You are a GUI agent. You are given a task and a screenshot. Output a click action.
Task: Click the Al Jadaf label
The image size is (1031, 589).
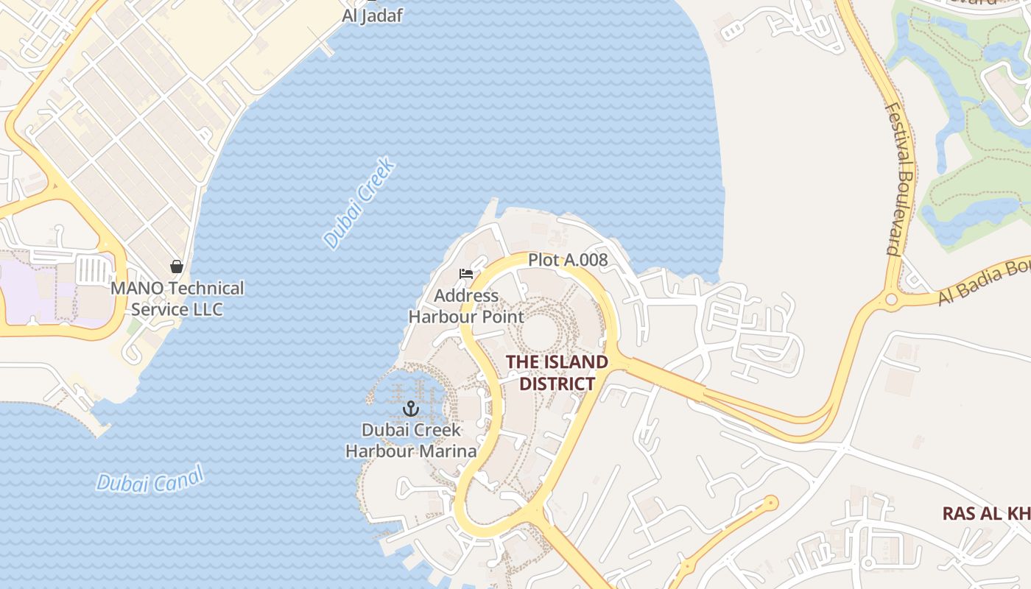tap(373, 15)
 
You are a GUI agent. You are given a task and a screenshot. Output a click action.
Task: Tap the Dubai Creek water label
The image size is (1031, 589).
tap(359, 203)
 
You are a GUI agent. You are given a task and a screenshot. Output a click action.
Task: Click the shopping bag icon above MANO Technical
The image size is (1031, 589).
tap(177, 267)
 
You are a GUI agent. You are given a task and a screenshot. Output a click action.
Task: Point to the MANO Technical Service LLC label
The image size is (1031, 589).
tap(177, 298)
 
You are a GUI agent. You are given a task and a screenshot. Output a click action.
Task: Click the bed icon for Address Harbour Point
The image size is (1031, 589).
tap(465, 274)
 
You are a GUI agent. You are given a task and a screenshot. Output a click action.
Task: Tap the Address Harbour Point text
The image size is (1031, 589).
tap(465, 306)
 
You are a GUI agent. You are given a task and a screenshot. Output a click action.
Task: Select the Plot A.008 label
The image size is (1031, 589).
tap(567, 259)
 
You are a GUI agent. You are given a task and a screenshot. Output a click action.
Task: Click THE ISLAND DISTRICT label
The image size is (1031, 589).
tap(557, 373)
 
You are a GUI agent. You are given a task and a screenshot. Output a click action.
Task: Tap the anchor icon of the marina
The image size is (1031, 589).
tap(411, 409)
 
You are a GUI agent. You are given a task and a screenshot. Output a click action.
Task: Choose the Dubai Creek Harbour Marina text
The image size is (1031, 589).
tap(411, 440)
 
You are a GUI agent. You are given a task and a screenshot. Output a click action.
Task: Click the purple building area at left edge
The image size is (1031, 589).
tap(29, 291)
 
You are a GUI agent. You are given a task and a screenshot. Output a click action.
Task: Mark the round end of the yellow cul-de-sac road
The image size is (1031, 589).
tap(770, 504)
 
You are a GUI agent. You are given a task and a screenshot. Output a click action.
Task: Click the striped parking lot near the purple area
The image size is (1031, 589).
tap(93, 269)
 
